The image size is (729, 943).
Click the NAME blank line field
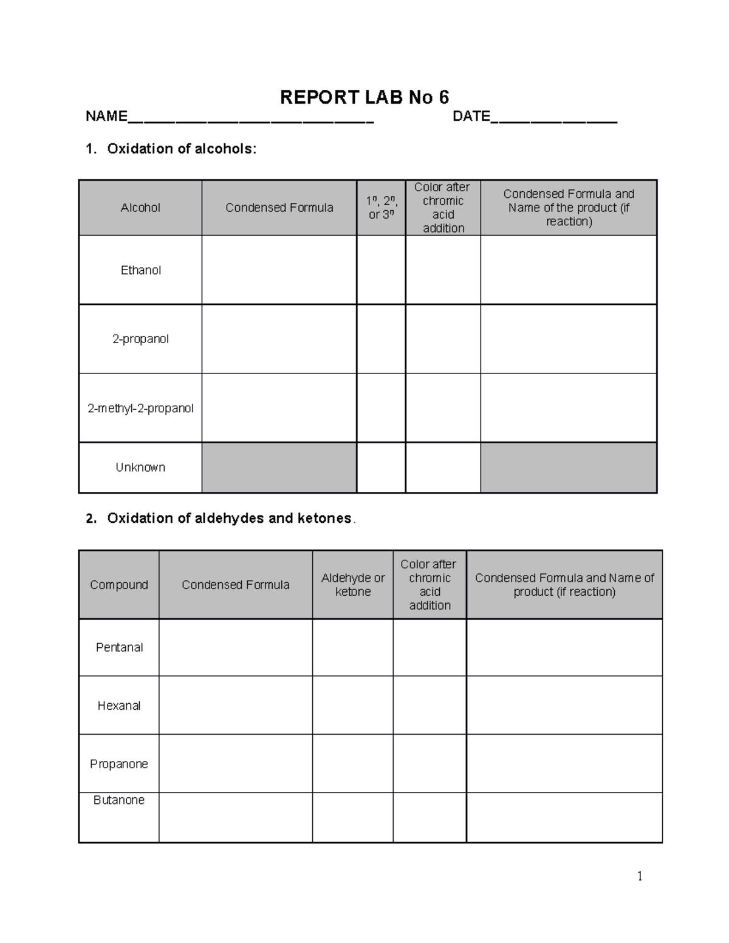click(250, 118)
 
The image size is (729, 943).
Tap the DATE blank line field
click(553, 118)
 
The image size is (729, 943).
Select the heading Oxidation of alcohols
click(181, 149)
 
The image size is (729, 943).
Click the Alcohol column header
click(140, 208)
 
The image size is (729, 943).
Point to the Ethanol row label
click(140, 270)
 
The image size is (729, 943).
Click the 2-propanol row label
click(140, 339)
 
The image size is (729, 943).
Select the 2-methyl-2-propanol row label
click(140, 408)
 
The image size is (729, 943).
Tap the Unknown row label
click(140, 468)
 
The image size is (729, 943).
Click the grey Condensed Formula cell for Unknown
click(279, 468)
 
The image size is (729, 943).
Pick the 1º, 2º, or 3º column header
click(381, 208)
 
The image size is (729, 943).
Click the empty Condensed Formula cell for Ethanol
click(279, 270)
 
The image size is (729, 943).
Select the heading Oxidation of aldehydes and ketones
click(229, 519)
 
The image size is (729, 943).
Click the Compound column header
click(119, 585)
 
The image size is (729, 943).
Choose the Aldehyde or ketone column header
click(353, 585)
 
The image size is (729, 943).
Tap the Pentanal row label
click(119, 647)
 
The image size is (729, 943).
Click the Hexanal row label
click(119, 706)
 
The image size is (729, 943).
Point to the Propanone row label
click(119, 764)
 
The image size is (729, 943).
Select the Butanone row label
click(119, 800)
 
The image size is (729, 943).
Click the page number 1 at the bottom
click(640, 876)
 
